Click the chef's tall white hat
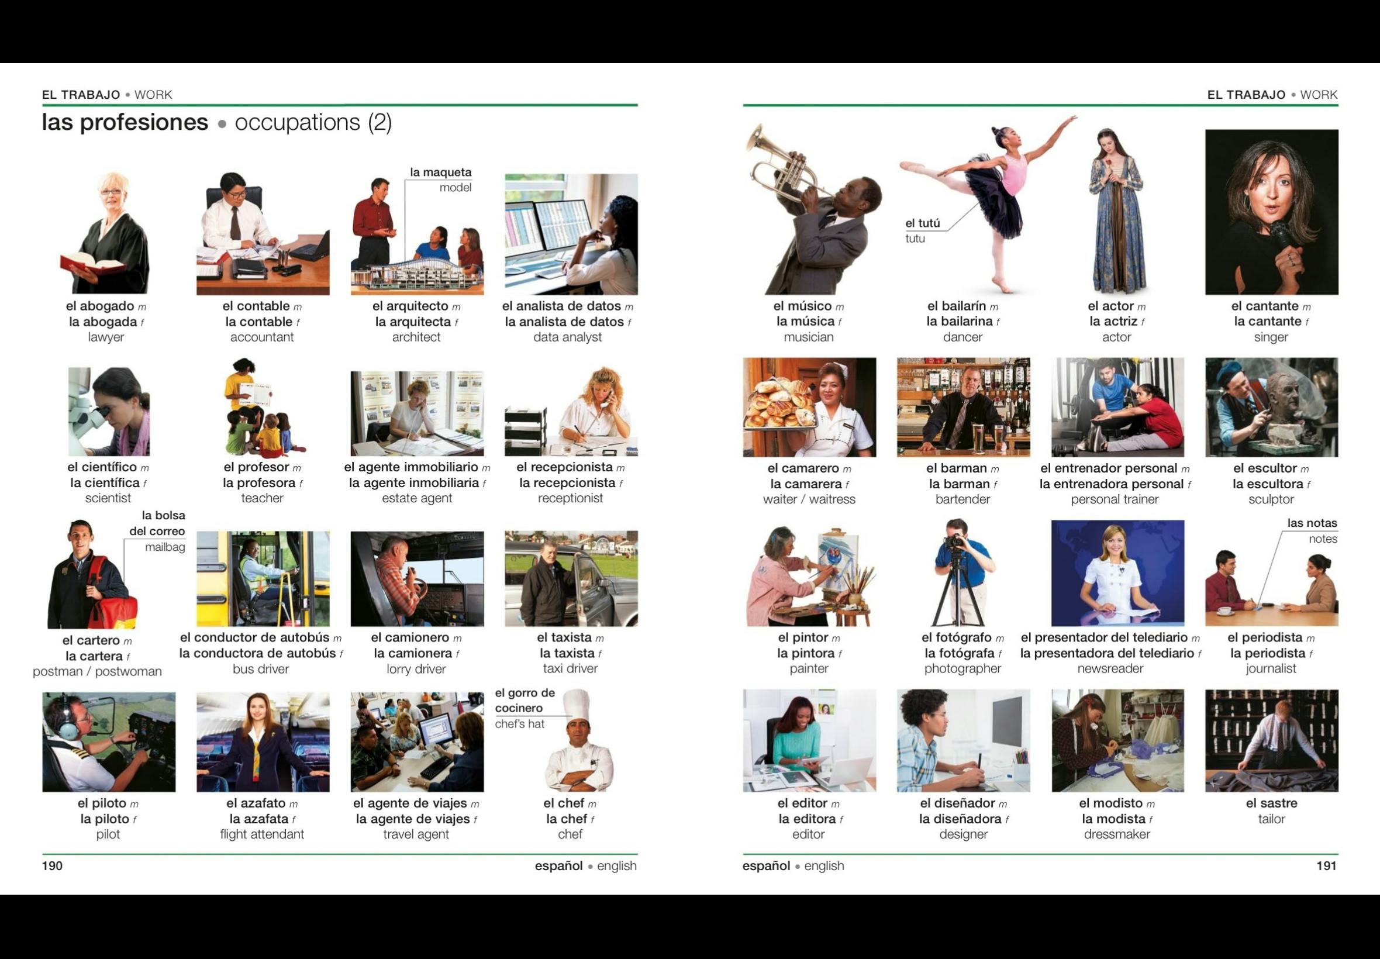click(x=577, y=703)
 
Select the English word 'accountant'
click(x=262, y=337)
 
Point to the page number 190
click(x=52, y=865)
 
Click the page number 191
click(x=1327, y=865)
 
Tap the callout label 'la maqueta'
click(x=440, y=173)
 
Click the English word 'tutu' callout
click(x=915, y=239)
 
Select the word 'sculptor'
click(x=1271, y=499)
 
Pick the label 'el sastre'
click(x=1271, y=803)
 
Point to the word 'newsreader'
click(x=1110, y=668)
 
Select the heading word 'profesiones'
click(x=144, y=123)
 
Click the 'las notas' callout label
click(x=1312, y=523)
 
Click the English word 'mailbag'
click(x=165, y=547)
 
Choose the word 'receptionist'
click(x=570, y=498)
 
